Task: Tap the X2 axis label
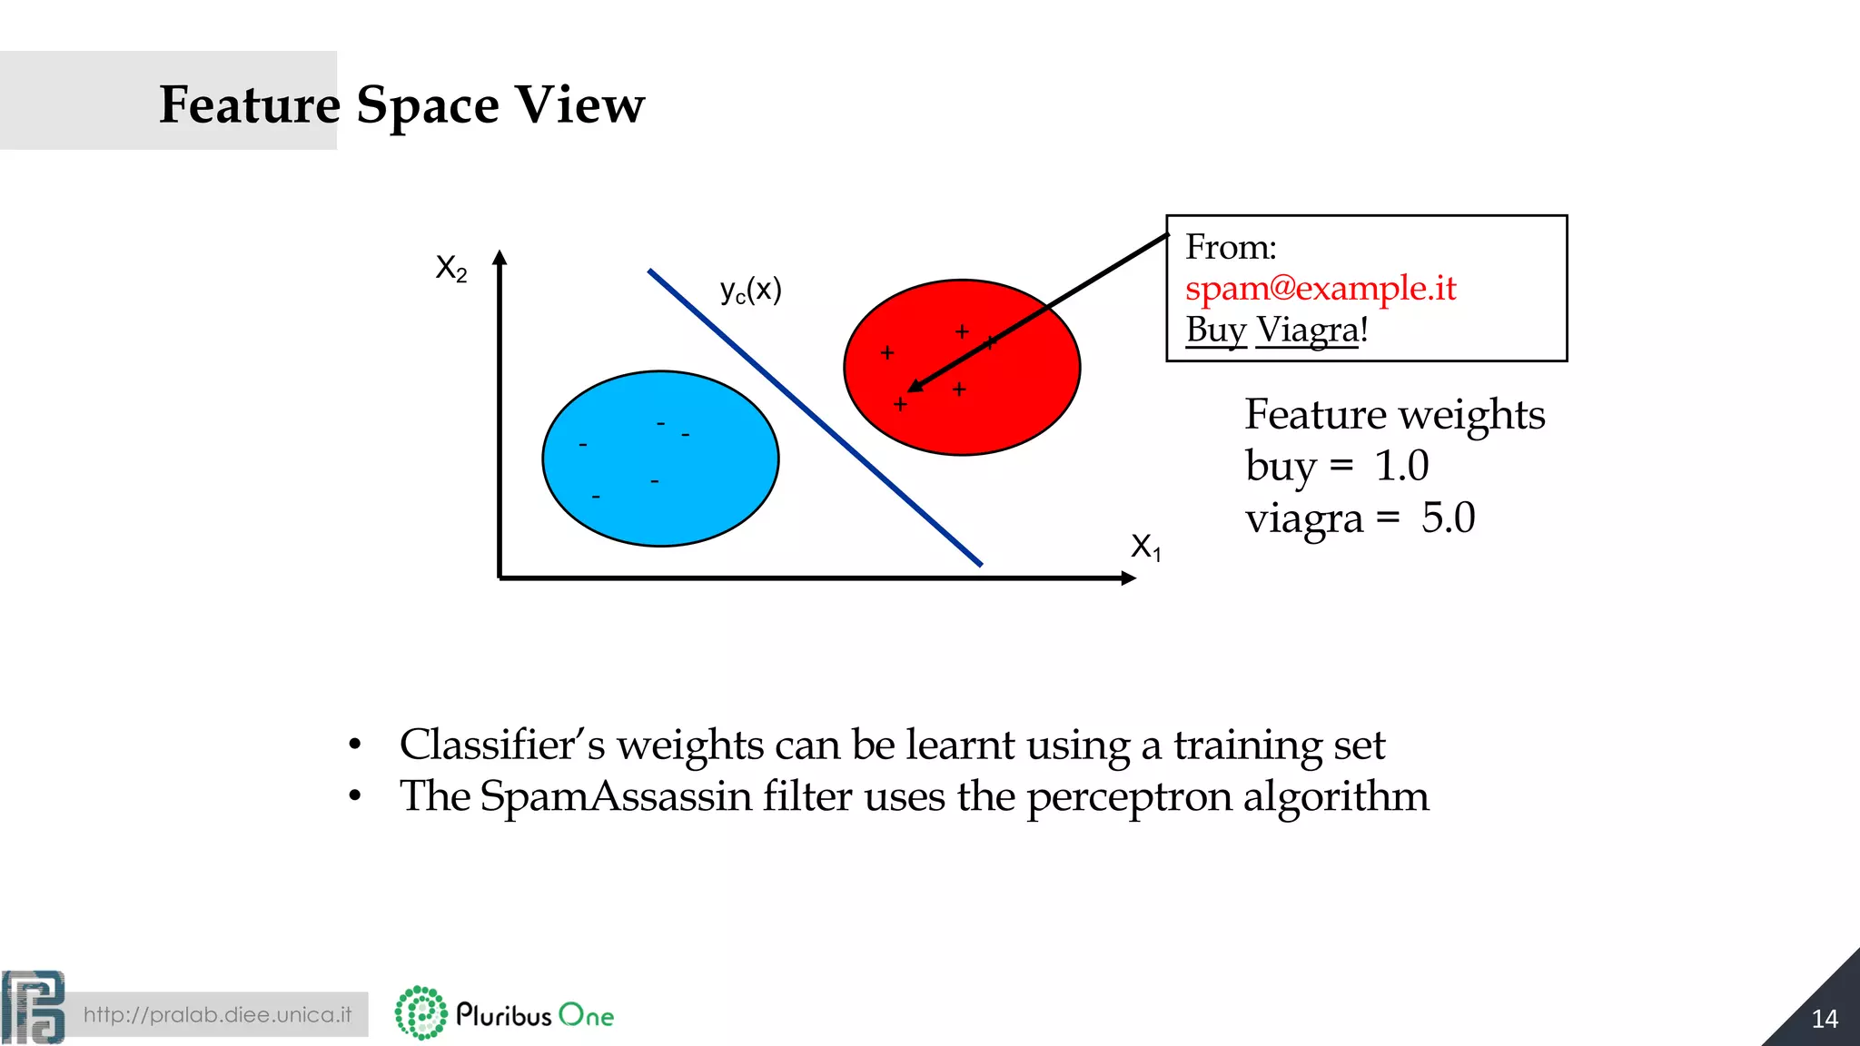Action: [451, 268]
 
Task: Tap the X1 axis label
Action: [1145, 547]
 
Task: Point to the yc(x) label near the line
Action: [750, 291]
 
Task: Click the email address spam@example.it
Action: [1320, 289]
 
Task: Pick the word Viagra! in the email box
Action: [1311, 330]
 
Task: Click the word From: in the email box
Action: [1231, 247]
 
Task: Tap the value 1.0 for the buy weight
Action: [1401, 466]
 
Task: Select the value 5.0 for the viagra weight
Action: [1448, 518]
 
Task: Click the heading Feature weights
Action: [1394, 414]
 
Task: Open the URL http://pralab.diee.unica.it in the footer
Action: [217, 1014]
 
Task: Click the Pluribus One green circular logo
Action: [421, 1012]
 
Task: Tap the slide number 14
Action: [1824, 1019]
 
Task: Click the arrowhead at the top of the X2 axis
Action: [500, 258]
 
